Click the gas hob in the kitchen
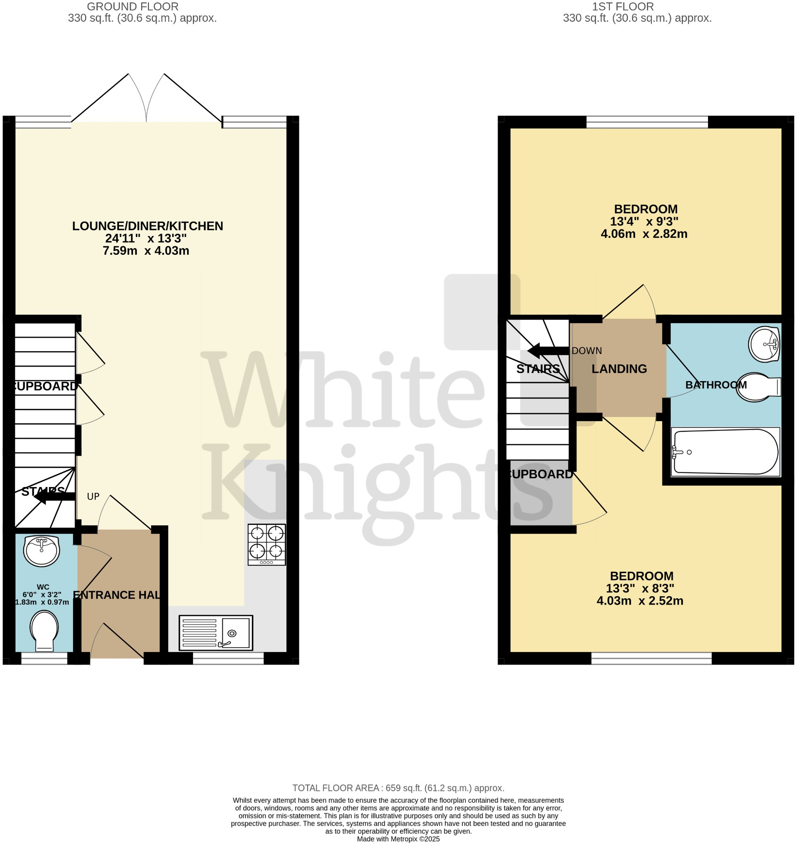point(266,544)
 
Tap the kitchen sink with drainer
point(216,633)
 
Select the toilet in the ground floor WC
point(44,630)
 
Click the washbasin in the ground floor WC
point(42,550)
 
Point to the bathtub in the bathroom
point(725,452)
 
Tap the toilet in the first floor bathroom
point(758,386)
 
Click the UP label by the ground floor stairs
point(93,497)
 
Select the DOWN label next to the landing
point(587,351)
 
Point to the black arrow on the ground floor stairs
point(54,496)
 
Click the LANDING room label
point(619,369)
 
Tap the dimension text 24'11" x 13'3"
point(146,238)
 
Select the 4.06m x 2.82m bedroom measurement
point(644,234)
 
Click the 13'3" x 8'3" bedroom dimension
point(640,589)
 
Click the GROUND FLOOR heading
point(133,7)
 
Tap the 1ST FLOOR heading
point(623,7)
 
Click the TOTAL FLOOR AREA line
point(398,788)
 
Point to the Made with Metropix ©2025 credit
point(398,839)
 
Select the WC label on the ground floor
point(43,587)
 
